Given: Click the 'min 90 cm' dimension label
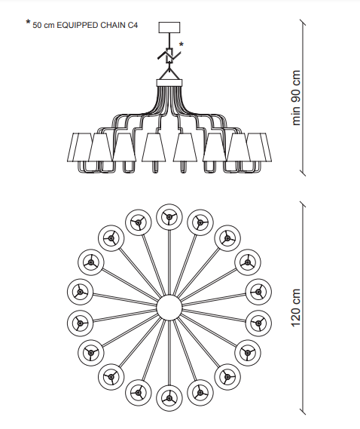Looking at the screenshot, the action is [x=296, y=98].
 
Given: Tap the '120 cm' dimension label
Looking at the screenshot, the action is [x=296, y=308].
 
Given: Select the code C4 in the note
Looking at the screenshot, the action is [x=133, y=25].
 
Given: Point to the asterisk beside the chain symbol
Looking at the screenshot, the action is [x=182, y=44].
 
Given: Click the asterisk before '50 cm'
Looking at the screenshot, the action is [x=28, y=22].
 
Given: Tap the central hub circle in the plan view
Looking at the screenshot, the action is [x=169, y=308].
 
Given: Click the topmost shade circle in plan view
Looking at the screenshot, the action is [x=169, y=216].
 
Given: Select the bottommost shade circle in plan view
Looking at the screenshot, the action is [x=169, y=398].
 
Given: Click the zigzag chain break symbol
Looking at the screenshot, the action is [x=169, y=56].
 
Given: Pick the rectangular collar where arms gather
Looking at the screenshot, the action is [x=169, y=83].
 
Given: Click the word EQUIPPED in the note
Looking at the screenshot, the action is [x=78, y=25].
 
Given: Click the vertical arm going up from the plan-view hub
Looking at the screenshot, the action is [x=169, y=262].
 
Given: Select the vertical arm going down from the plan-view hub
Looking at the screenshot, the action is [x=169, y=353].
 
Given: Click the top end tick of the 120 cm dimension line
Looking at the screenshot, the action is [x=302, y=204].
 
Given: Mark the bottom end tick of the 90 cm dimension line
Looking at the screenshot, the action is [x=302, y=173].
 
